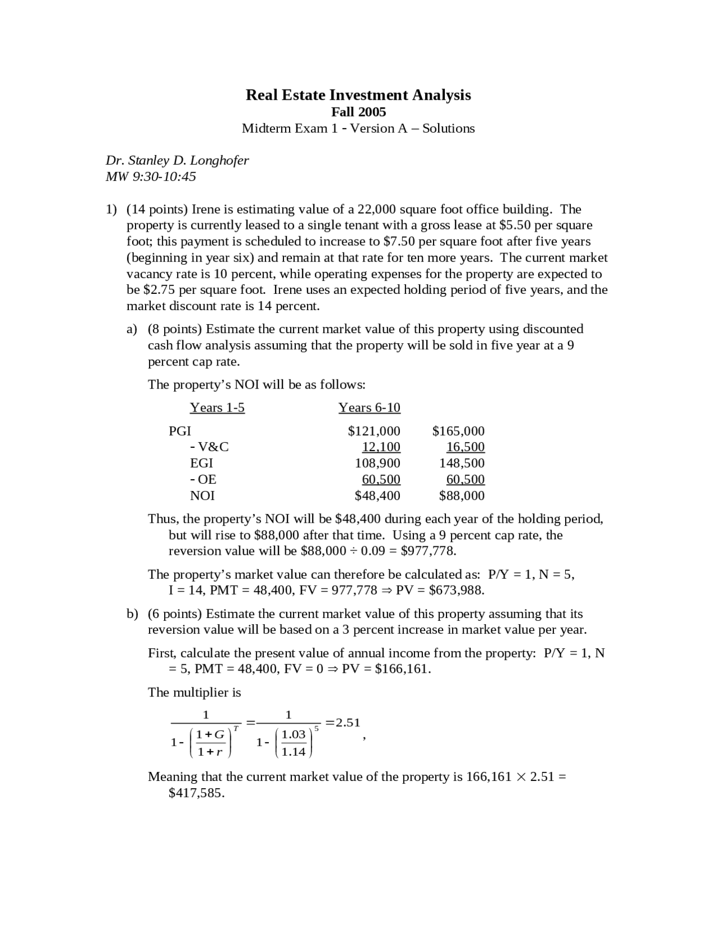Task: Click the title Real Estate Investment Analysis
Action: (x=358, y=95)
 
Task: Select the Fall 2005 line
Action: (x=358, y=112)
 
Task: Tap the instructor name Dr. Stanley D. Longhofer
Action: (x=177, y=160)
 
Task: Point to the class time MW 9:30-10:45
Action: (x=151, y=176)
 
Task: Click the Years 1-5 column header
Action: (x=217, y=408)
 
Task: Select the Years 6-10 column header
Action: (x=369, y=408)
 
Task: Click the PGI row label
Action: (x=180, y=431)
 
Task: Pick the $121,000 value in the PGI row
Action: (x=374, y=431)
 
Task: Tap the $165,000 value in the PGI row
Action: (x=458, y=431)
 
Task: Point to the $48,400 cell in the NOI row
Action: (x=378, y=495)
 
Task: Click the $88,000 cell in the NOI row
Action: (x=462, y=495)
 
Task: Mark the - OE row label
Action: (x=203, y=479)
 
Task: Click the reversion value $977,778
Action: (x=429, y=551)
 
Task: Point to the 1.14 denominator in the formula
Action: (x=294, y=752)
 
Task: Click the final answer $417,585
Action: (x=196, y=793)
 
